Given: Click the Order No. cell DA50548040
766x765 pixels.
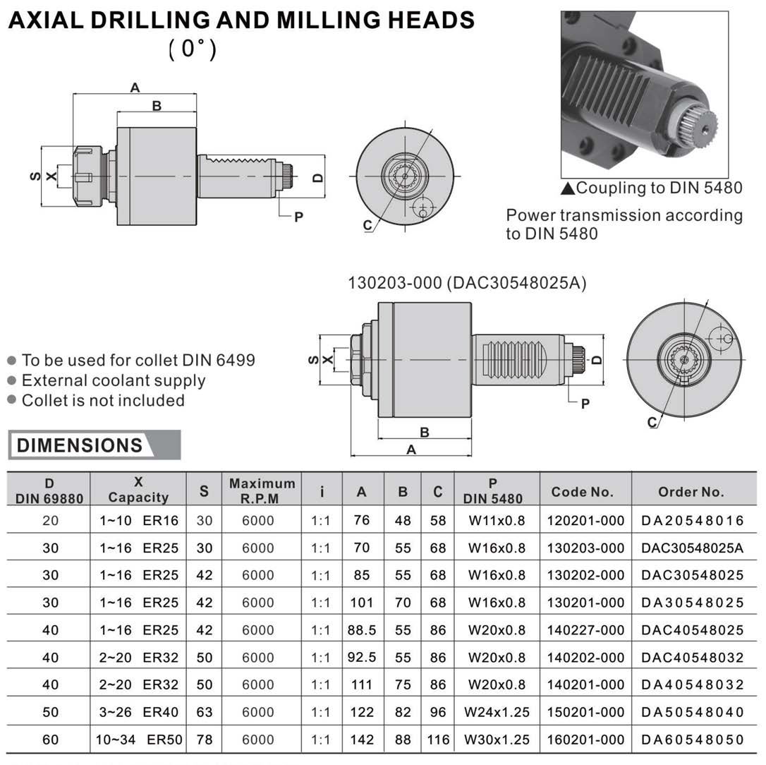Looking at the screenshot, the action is tap(692, 712).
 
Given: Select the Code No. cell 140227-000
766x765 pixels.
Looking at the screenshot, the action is tap(585, 630).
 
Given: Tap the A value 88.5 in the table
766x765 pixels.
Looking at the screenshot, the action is tap(362, 630).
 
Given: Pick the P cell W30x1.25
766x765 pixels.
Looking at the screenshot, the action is tap(497, 739).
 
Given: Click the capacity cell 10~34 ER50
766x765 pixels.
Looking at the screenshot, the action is tap(139, 739).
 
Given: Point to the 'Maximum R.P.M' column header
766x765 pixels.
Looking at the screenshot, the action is tap(262, 490).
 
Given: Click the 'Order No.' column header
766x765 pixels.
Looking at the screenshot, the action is tap(691, 492).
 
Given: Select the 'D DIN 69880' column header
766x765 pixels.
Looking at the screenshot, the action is tap(49, 490).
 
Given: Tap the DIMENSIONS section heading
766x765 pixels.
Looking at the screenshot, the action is tap(80, 445).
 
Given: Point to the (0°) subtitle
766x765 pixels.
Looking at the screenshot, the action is tap(192, 49).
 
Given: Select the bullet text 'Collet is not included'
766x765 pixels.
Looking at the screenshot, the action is tap(103, 400).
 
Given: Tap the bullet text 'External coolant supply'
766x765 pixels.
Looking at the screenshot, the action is tap(114, 380).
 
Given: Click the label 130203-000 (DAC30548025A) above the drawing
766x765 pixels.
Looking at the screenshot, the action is tap(466, 282).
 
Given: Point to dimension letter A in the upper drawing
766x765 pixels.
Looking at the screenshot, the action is tap(135, 88).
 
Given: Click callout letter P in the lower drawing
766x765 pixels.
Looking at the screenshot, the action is tap(585, 404).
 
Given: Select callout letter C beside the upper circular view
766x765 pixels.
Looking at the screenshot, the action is tap(367, 225).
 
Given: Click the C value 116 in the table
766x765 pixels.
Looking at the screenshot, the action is tap(438, 739).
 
